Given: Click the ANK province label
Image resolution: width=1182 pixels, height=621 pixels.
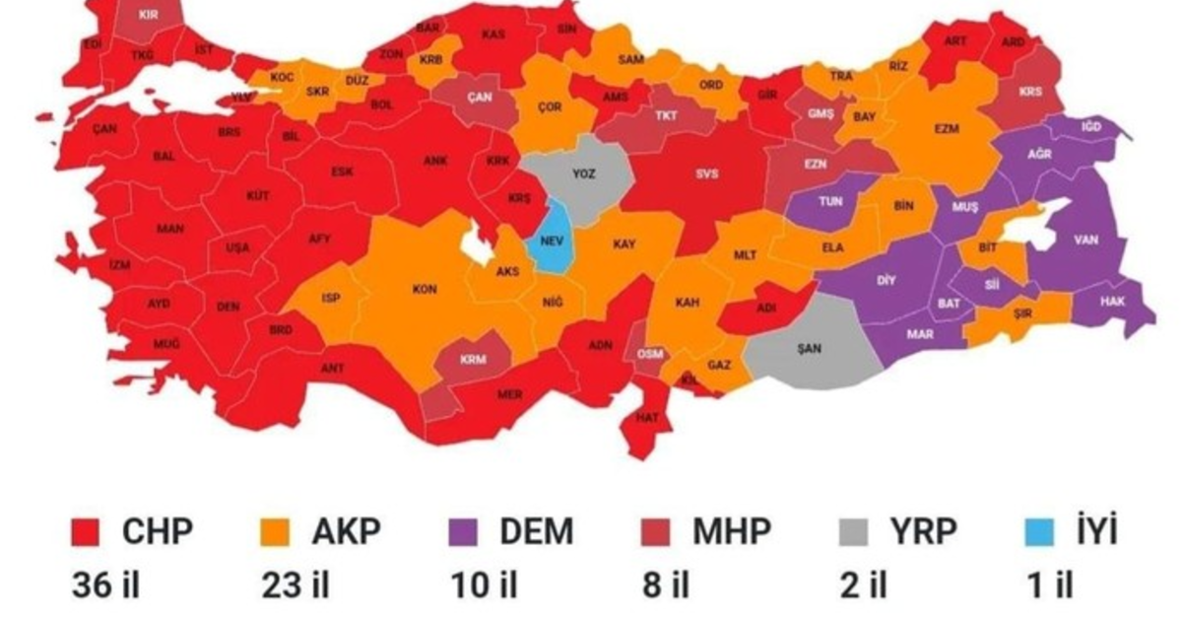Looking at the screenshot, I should (x=435, y=161).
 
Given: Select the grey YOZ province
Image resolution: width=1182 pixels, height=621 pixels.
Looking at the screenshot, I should (x=584, y=173).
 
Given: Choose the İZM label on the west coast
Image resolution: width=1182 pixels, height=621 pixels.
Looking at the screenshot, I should (x=119, y=265).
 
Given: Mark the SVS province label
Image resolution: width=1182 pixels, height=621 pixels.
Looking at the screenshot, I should (x=707, y=174).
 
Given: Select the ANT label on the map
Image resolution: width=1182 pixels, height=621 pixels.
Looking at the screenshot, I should (x=332, y=369).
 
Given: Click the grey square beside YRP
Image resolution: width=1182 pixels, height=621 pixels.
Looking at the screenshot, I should (x=847, y=534).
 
